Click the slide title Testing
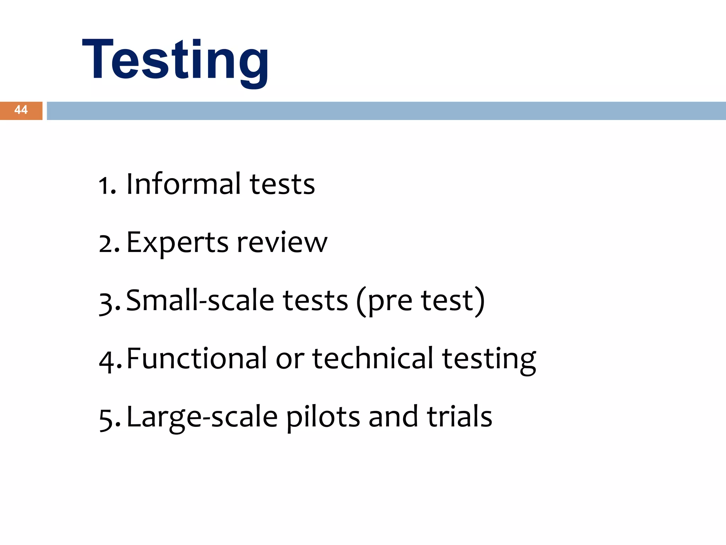pos(175,60)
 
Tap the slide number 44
pos(21,110)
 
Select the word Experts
pos(177,243)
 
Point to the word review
pos(282,243)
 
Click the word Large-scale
pos(202,417)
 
